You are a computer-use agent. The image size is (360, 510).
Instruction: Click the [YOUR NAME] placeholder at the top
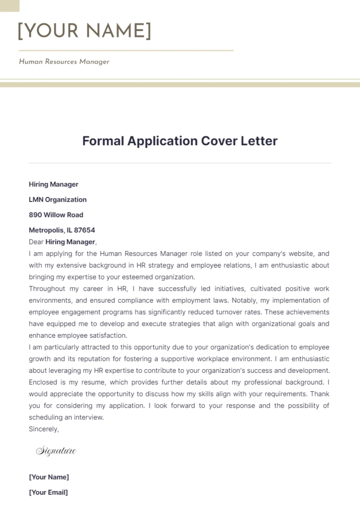click(85, 31)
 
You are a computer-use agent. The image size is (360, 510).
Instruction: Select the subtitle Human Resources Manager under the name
click(64, 61)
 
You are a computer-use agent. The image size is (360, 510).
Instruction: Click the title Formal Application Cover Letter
click(180, 141)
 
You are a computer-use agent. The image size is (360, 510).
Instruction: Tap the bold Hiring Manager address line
click(53, 184)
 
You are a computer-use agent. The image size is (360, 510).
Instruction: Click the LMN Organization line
click(58, 200)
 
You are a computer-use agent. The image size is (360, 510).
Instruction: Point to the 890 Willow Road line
click(56, 215)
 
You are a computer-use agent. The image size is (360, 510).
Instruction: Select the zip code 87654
click(84, 230)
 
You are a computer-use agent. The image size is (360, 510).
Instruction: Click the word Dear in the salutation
click(36, 242)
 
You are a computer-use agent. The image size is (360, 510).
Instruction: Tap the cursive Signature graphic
click(56, 451)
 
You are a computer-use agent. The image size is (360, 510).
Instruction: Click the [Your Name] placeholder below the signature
click(49, 477)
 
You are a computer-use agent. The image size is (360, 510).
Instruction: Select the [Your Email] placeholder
click(48, 492)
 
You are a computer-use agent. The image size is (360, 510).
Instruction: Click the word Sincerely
click(43, 429)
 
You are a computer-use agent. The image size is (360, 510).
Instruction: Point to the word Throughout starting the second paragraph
click(47, 289)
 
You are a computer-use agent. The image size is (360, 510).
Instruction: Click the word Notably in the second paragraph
click(244, 300)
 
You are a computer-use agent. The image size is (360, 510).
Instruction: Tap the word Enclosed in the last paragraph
click(43, 382)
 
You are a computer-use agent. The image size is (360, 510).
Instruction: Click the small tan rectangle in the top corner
click(10, 6)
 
